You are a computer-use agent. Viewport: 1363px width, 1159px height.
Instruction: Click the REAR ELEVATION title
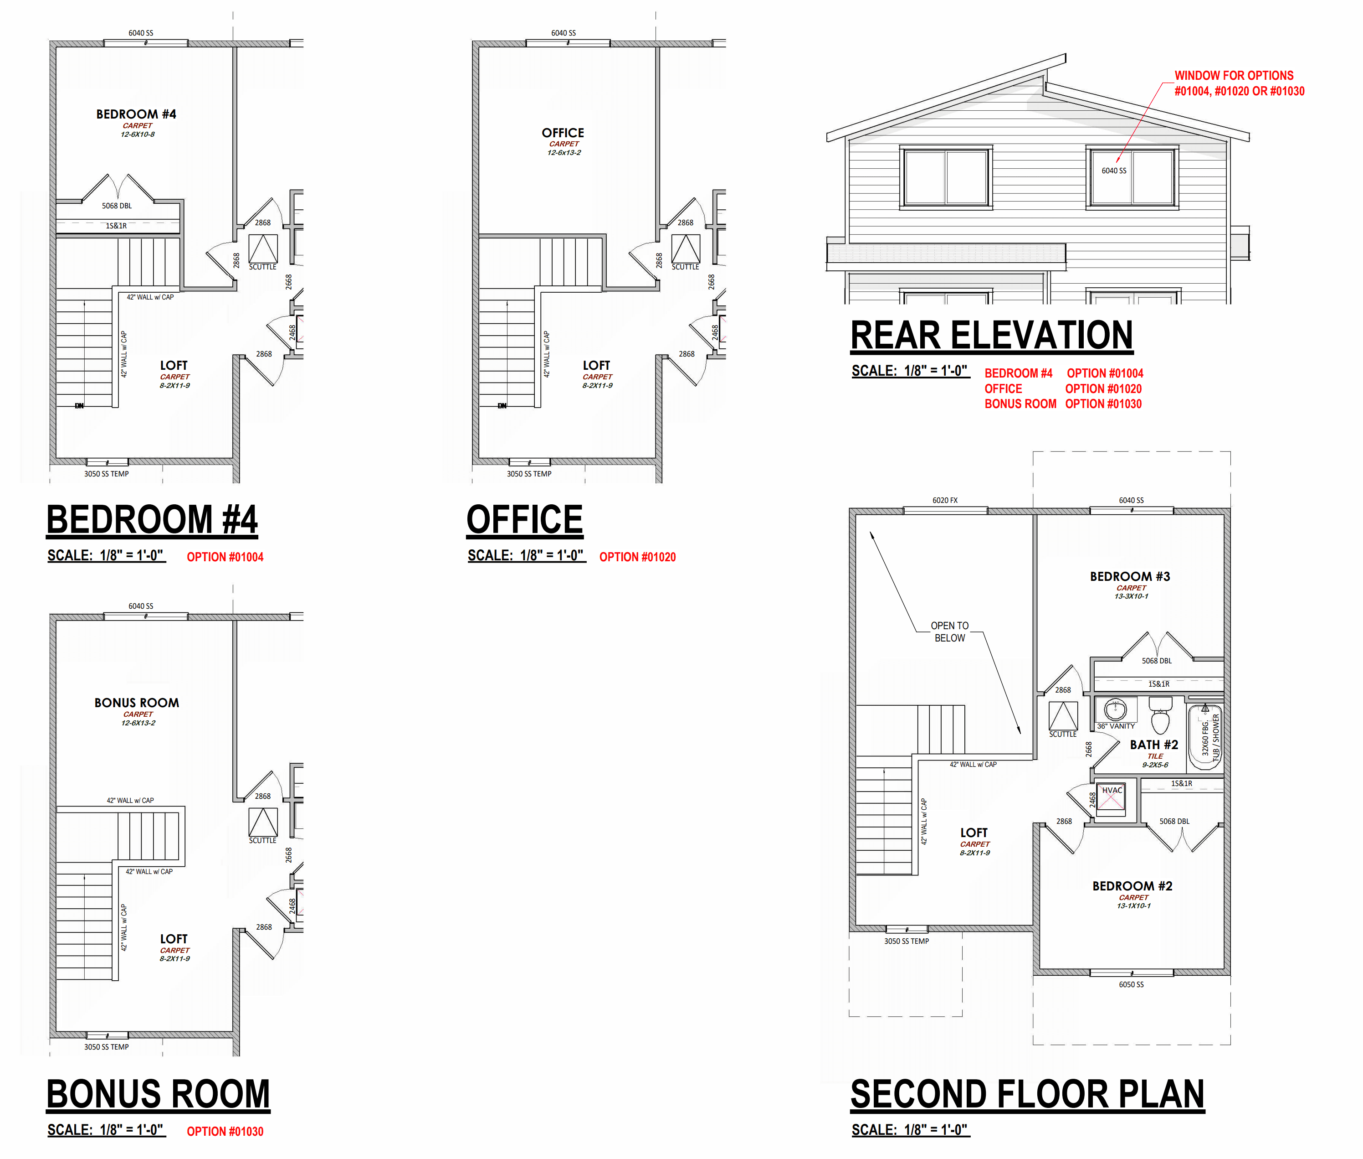pos(991,336)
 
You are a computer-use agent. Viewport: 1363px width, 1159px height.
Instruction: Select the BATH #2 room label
pos(1153,745)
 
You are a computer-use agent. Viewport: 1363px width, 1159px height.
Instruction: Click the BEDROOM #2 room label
pos(1132,886)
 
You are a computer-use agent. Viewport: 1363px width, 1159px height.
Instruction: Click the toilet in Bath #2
pos(1160,715)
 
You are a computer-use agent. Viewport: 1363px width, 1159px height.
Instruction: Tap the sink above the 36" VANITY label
pos(1115,709)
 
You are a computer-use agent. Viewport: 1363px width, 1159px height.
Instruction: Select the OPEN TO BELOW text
pos(949,631)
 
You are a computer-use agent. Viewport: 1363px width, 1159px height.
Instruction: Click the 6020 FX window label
pos(945,500)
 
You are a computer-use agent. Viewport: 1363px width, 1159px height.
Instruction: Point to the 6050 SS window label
pos(1131,984)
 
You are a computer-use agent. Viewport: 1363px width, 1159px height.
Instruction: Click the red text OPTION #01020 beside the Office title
pos(637,557)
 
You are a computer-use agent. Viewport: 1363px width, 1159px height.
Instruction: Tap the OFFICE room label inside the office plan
pos(563,133)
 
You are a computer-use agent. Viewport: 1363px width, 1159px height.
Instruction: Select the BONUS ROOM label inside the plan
pos(137,702)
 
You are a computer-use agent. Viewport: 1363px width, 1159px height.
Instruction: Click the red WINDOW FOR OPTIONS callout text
pos(1239,83)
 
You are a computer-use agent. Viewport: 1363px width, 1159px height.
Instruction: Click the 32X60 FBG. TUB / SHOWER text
pos(1210,738)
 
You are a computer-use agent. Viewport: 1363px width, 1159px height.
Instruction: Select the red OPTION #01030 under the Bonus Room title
pos(225,1131)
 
